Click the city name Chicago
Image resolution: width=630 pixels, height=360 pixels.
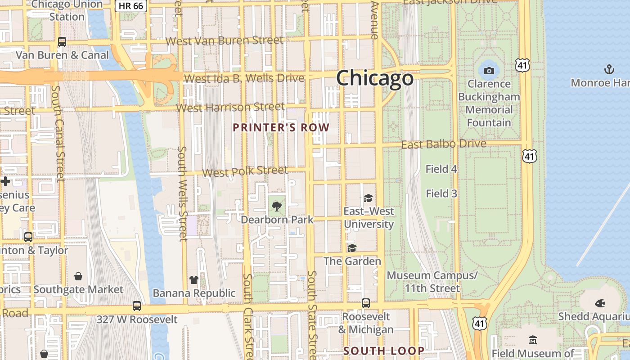tap(374, 78)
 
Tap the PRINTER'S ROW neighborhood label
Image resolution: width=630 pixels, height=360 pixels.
tap(281, 127)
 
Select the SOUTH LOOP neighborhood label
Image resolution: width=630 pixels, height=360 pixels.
tap(384, 351)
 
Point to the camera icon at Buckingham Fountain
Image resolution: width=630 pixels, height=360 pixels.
tap(489, 71)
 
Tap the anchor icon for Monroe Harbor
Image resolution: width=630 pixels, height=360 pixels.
tap(609, 69)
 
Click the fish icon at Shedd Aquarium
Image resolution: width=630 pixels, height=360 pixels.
tap(600, 303)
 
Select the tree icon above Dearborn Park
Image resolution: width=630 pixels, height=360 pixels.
tap(277, 207)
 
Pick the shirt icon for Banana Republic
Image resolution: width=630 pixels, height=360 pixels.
tap(194, 280)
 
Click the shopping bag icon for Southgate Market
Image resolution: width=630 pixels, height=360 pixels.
tap(78, 276)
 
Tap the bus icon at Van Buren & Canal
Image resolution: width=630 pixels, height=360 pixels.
tap(62, 42)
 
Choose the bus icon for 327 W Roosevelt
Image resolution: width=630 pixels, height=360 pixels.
tap(137, 306)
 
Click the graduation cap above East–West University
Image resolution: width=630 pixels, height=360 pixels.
tap(368, 198)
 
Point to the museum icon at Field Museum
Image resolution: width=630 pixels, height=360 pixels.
tap(533, 340)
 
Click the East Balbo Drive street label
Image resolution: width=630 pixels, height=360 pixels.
tap(444, 144)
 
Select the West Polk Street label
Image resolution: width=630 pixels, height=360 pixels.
tap(245, 171)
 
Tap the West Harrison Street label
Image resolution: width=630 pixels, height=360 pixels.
tap(230, 108)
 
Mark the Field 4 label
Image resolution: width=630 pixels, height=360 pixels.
tap(441, 169)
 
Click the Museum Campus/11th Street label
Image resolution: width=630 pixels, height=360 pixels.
tap(432, 282)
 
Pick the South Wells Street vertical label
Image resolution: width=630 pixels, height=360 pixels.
tap(182, 193)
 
